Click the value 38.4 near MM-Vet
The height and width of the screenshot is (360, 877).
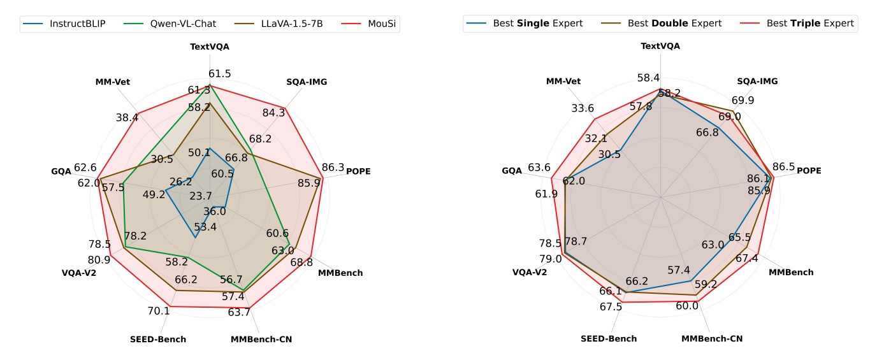tap(127, 117)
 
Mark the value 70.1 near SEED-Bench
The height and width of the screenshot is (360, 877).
tap(158, 311)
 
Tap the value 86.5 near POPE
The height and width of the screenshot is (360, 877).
tap(783, 167)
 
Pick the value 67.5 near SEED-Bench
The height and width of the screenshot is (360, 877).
tap(611, 307)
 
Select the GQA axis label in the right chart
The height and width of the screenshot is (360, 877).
tap(512, 171)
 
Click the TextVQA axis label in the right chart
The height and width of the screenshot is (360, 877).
tap(660, 46)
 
